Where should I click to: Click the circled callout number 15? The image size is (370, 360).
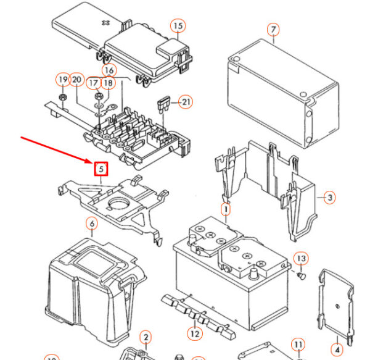point(178,26)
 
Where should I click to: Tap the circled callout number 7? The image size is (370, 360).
point(273,30)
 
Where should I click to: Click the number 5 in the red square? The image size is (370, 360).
point(101,168)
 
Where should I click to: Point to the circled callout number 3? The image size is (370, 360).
point(330,198)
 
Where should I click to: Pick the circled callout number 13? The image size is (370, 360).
point(301,258)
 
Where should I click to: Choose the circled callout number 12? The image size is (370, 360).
point(195,334)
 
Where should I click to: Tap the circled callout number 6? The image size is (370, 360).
point(92,224)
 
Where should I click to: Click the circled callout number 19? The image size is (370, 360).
point(63,80)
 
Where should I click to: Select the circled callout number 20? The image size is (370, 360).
point(76,80)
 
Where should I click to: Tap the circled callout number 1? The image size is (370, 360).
point(226,210)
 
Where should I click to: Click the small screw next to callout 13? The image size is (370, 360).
point(300,275)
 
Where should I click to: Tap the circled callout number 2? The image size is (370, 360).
point(146,337)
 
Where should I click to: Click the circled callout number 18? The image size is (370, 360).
point(108,83)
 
